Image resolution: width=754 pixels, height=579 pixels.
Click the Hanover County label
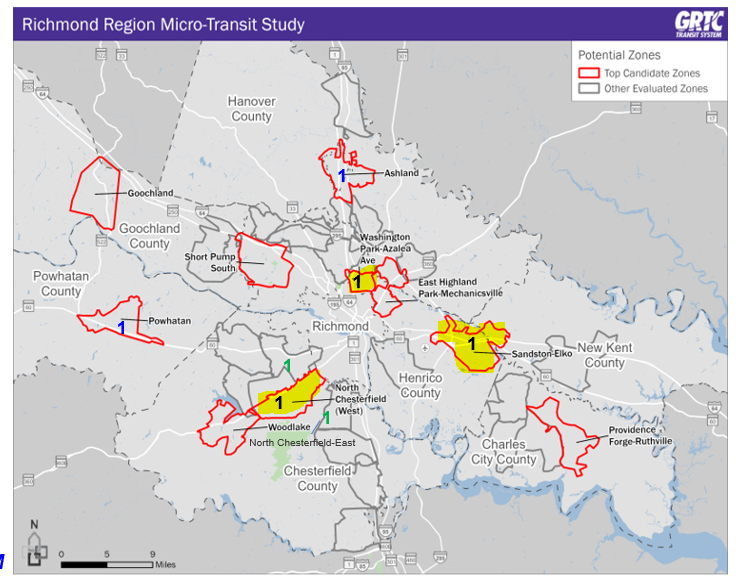pyautogui.click(x=250, y=109)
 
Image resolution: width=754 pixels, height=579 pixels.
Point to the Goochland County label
pyautogui.click(x=150, y=236)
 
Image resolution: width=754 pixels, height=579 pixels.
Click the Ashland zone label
pyautogui.click(x=401, y=173)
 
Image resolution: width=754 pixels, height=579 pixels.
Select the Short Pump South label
pyautogui.click(x=210, y=262)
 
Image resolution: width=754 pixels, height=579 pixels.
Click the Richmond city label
pyautogui.click(x=340, y=327)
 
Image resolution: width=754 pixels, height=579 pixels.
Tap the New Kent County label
pyautogui.click(x=604, y=355)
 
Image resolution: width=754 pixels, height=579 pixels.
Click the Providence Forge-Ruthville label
pyautogui.click(x=639, y=435)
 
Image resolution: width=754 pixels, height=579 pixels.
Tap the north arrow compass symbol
pyautogui.click(x=35, y=545)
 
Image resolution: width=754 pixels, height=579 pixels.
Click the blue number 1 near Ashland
pyautogui.click(x=342, y=176)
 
